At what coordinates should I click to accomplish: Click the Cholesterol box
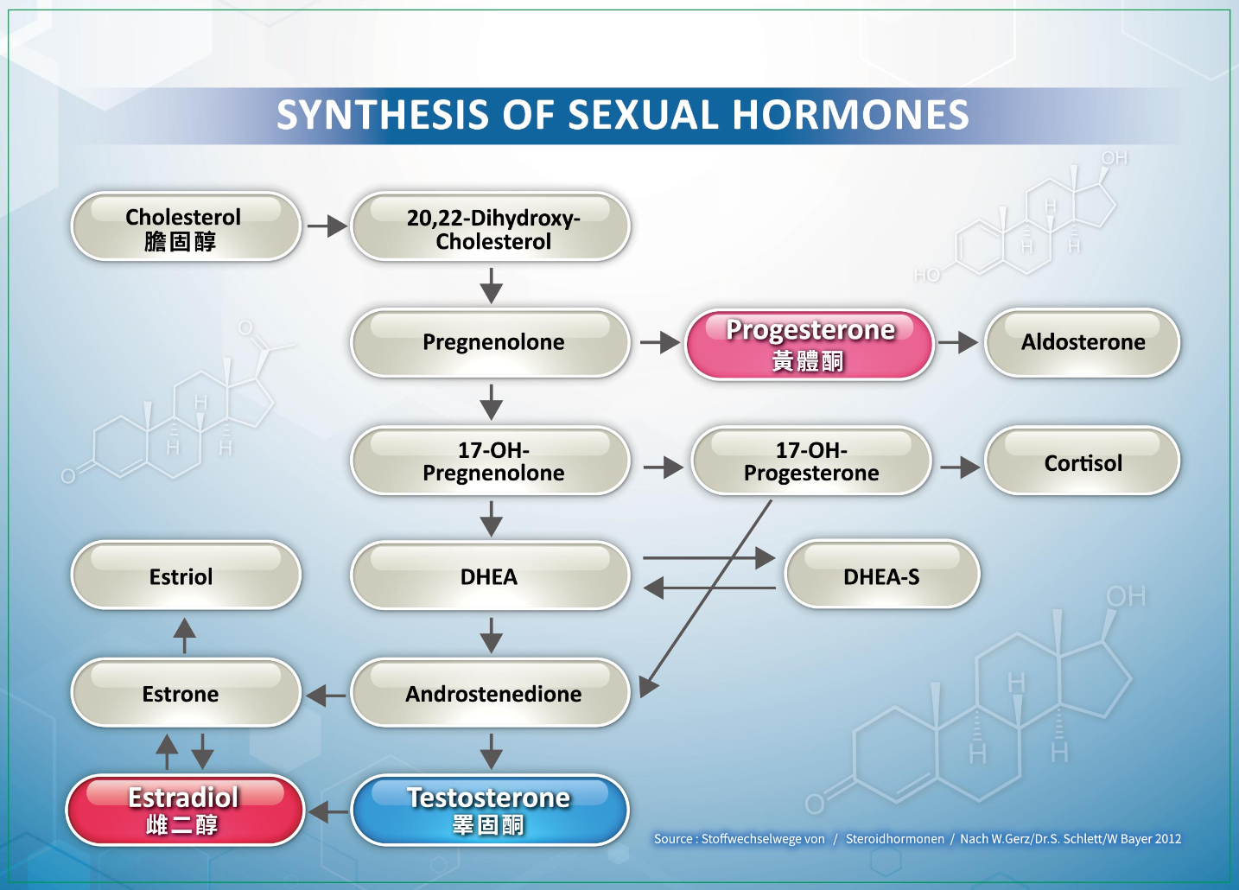[185, 226]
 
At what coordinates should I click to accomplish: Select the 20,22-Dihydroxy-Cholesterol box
[491, 226]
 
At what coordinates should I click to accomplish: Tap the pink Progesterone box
[810, 344]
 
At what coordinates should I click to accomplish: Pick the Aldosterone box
[1082, 342]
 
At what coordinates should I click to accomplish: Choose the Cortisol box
[1082, 461]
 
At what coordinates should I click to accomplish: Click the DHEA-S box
[881, 575]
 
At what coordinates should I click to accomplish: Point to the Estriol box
[185, 575]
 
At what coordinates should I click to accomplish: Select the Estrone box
[185, 693]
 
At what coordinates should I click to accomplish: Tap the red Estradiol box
[185, 810]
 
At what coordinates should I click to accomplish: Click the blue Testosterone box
[490, 810]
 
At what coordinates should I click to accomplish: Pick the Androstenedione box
[491, 693]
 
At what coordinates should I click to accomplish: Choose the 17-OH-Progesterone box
[810, 461]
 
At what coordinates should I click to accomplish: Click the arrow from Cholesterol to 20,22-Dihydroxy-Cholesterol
[327, 226]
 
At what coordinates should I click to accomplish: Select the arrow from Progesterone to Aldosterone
[957, 343]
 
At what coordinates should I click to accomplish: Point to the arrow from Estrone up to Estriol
[184, 635]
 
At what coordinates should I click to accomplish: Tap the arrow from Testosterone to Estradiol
[327, 811]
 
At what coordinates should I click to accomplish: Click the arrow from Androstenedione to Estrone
[326, 695]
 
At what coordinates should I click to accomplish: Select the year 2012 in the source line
[1167, 838]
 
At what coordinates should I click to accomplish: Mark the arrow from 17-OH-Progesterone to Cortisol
[959, 467]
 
